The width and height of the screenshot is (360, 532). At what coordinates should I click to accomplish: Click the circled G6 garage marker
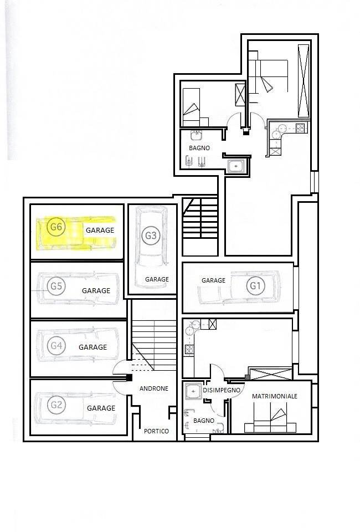pyautogui.click(x=56, y=227)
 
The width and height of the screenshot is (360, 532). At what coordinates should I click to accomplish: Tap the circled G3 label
pyautogui.click(x=151, y=235)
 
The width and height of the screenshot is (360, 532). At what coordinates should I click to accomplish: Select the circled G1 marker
pyautogui.click(x=255, y=286)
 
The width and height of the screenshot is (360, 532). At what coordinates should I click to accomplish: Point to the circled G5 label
pyautogui.click(x=56, y=287)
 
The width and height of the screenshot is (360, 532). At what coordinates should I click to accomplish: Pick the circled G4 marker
pyautogui.click(x=56, y=346)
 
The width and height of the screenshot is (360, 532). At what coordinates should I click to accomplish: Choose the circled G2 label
pyautogui.click(x=56, y=405)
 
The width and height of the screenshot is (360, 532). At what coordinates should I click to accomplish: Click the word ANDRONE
pyautogui.click(x=154, y=388)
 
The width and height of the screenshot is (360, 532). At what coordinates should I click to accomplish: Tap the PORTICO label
pyautogui.click(x=156, y=431)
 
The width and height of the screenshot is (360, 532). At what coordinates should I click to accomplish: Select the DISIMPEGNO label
pyautogui.click(x=222, y=390)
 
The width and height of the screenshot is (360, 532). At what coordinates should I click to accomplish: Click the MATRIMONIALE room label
pyautogui.click(x=275, y=396)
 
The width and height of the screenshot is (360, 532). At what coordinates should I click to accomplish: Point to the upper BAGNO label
pyautogui.click(x=199, y=148)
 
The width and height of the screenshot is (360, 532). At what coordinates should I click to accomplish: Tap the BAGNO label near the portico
pyautogui.click(x=204, y=421)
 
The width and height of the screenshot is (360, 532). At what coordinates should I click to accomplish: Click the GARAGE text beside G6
pyautogui.click(x=100, y=230)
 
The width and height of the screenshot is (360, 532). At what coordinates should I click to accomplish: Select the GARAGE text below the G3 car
pyautogui.click(x=157, y=279)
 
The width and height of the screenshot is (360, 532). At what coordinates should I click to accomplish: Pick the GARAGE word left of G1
pyautogui.click(x=214, y=280)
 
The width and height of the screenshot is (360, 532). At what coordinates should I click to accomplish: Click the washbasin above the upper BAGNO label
pyautogui.click(x=196, y=135)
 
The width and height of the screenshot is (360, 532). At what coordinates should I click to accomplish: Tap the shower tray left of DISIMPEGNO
pyautogui.click(x=193, y=392)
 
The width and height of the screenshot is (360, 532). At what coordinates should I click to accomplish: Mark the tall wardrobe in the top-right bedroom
pyautogui.click(x=304, y=81)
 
